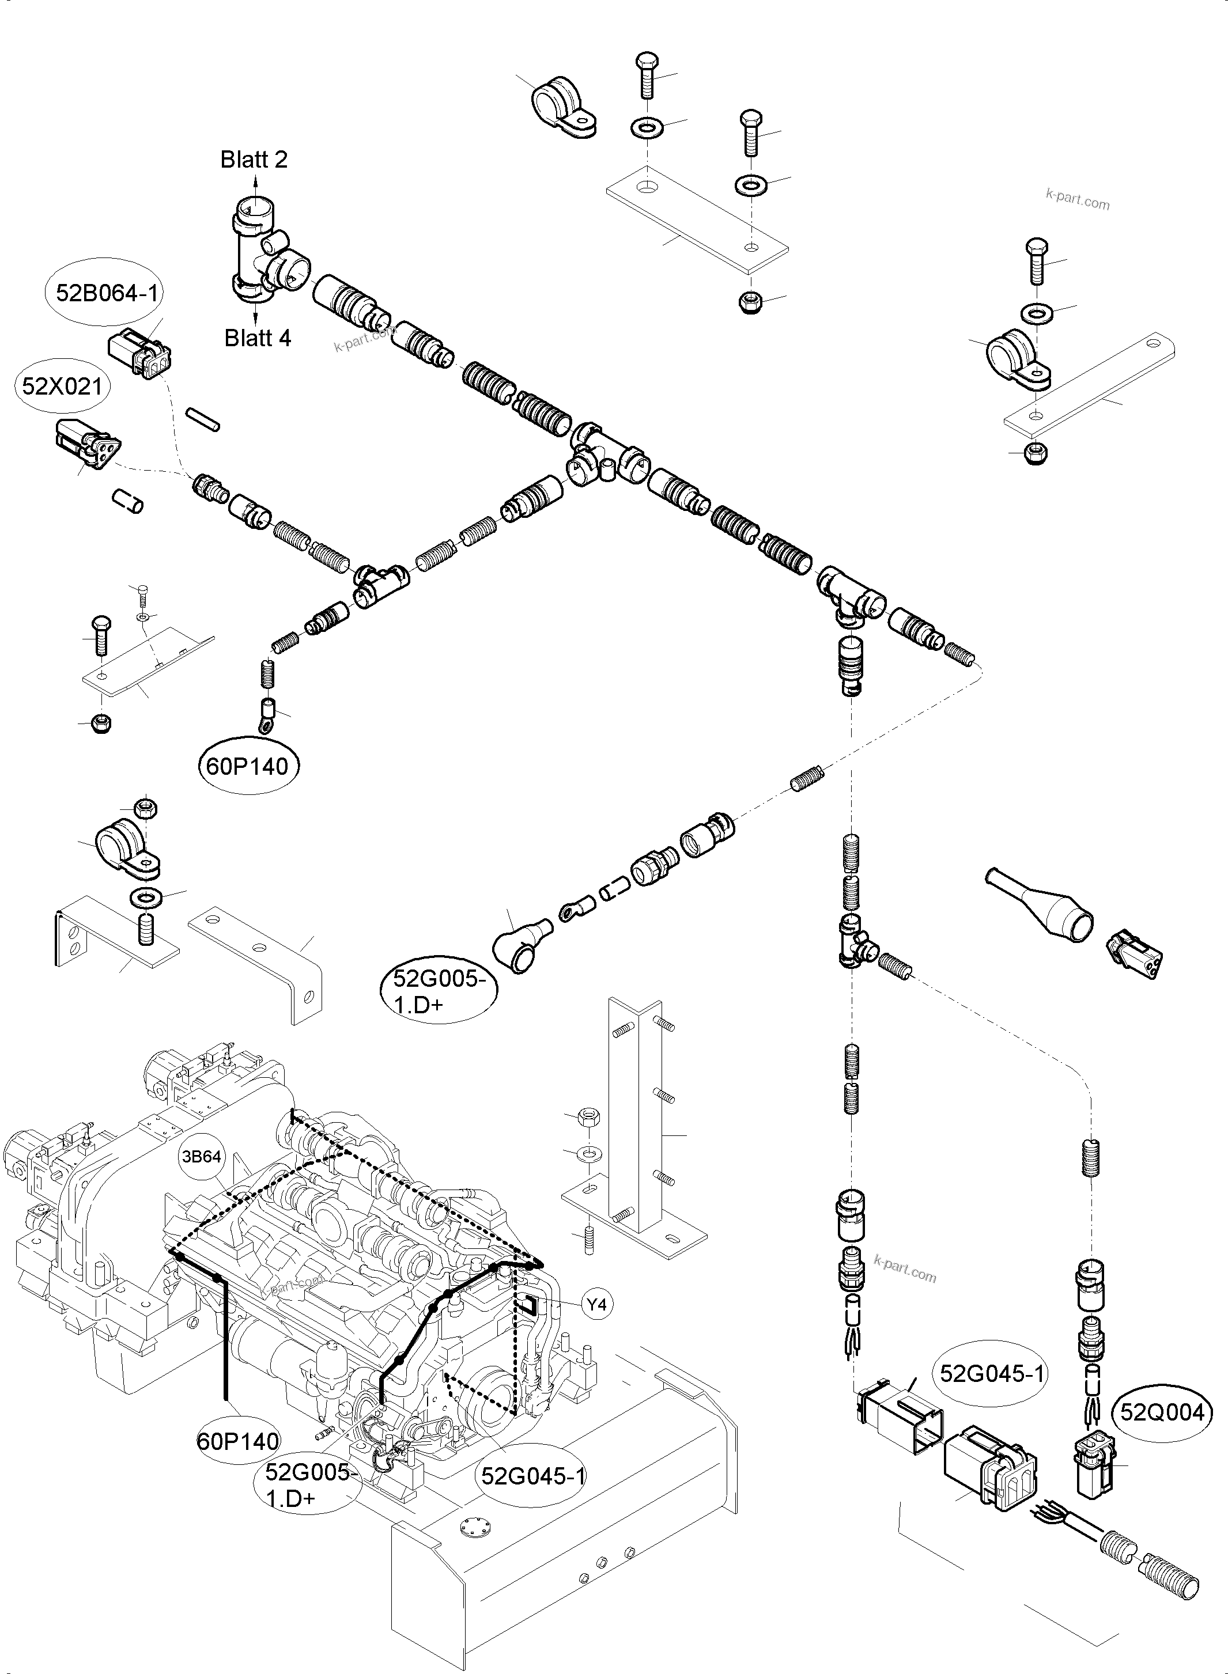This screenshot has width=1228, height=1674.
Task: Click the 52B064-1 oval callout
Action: (x=107, y=293)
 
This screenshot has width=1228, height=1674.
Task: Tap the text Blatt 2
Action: (x=254, y=159)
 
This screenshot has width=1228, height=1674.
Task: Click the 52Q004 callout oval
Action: (x=1162, y=1412)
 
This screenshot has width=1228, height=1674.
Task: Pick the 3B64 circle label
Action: (x=201, y=1157)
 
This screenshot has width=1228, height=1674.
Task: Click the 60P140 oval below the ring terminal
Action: (x=248, y=766)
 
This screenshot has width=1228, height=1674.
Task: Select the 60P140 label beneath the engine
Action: (x=238, y=1441)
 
